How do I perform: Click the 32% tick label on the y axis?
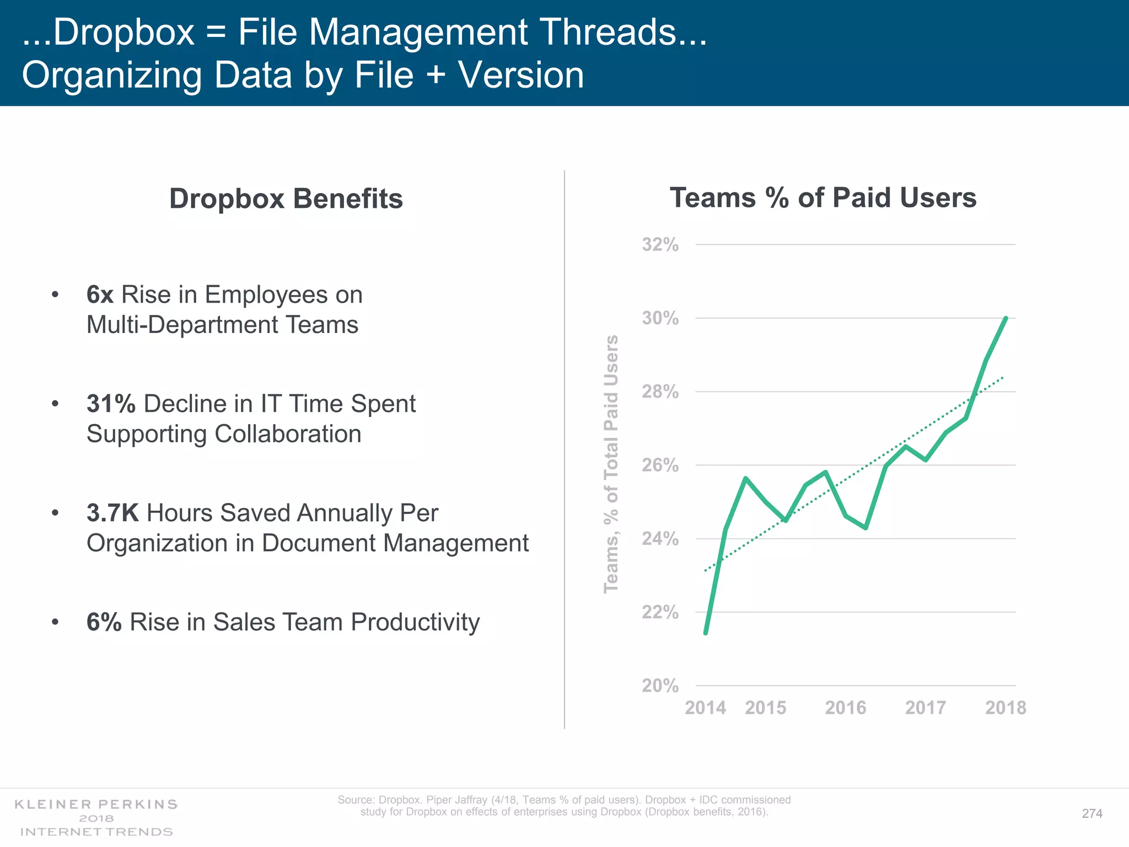tap(660, 244)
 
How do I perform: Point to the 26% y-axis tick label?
tap(660, 465)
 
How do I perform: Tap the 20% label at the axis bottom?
tap(660, 685)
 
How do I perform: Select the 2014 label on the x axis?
tap(705, 707)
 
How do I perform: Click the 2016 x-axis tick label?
tap(845, 707)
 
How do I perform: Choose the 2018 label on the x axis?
tap(1006, 707)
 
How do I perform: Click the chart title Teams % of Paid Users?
tap(822, 198)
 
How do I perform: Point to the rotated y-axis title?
tap(611, 464)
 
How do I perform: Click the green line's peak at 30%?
tap(1006, 318)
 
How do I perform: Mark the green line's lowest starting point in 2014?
tap(706, 633)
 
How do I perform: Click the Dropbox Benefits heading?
tap(286, 199)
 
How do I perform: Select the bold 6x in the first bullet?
tap(100, 295)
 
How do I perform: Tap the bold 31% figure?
tap(111, 404)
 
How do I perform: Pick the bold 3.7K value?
tap(112, 513)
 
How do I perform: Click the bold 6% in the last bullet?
tap(104, 623)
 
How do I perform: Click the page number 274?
tap(1092, 813)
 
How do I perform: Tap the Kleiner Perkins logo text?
tap(96, 805)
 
